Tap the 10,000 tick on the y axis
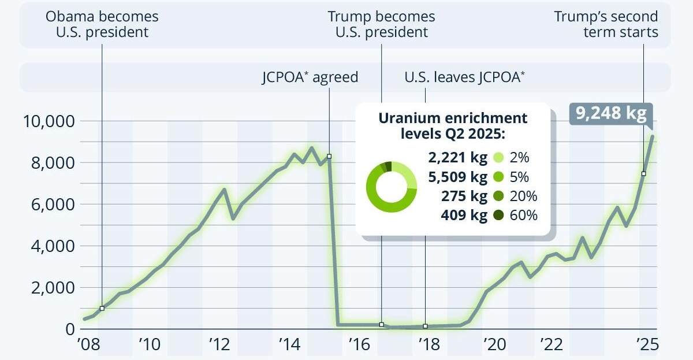point(48,121)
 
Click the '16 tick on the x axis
point(359,345)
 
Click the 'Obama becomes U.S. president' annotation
point(102,24)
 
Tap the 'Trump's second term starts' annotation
point(606,24)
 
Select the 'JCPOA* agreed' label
point(310,77)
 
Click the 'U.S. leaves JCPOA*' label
point(465,77)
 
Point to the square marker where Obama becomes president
point(102,309)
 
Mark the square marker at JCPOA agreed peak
point(329,157)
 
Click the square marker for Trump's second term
point(643,174)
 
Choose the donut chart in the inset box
point(391,187)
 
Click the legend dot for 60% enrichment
point(498,216)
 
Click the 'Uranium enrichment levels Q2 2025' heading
point(453,126)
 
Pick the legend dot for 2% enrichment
point(498,157)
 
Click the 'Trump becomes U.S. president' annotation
point(382,24)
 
